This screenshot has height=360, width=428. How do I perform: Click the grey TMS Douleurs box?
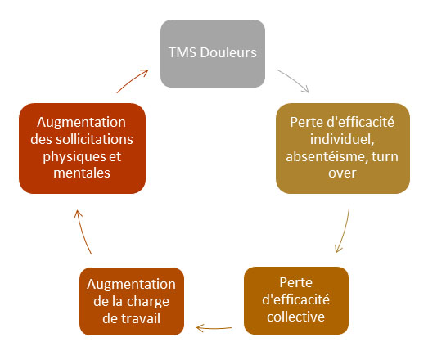pyautogui.click(x=213, y=53)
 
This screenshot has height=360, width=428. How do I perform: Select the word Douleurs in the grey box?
pyautogui.click(x=228, y=52)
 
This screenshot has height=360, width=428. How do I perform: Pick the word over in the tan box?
pyautogui.click(x=342, y=173)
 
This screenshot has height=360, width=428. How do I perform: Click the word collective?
pyautogui.click(x=296, y=317)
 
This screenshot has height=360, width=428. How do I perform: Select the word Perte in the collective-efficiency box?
pyautogui.click(x=296, y=282)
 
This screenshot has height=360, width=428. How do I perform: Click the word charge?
pyautogui.click(x=148, y=302)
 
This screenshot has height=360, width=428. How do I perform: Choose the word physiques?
pyautogui.click(x=74, y=157)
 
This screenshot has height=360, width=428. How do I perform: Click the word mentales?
pyautogui.click(x=82, y=173)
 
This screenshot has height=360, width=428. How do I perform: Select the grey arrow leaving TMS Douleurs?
pyautogui.click(x=295, y=79)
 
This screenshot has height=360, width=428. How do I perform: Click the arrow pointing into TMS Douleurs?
pyautogui.click(x=132, y=80)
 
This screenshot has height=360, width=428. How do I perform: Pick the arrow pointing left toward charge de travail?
pyautogui.click(x=214, y=328)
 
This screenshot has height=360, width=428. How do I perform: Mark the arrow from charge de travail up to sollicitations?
pyautogui.click(x=82, y=232)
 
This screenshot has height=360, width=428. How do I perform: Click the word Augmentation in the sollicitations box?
pyautogui.click(x=82, y=122)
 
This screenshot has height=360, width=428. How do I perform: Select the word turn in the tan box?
pyautogui.click(x=385, y=156)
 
